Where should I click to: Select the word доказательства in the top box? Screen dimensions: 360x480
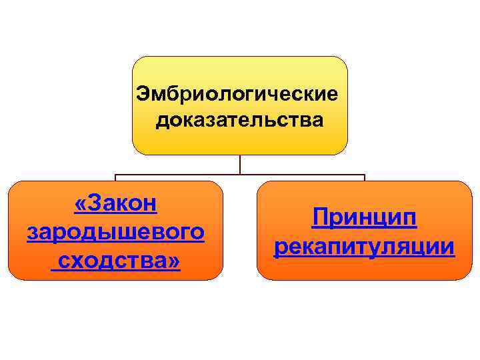pyautogui.click(x=240, y=120)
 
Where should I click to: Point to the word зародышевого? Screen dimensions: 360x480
pyautogui.click(x=116, y=232)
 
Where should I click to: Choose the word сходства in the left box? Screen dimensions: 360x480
pyautogui.click(x=111, y=261)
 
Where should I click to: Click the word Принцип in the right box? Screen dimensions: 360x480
pyautogui.click(x=365, y=217)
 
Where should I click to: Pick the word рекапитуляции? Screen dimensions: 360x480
pyautogui.click(x=365, y=247)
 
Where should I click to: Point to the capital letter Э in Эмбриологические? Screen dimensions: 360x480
pyautogui.click(x=143, y=92)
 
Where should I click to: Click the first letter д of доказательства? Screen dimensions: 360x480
pyautogui.click(x=162, y=121)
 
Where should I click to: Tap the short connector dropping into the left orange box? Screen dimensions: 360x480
pyautogui.click(x=115, y=178)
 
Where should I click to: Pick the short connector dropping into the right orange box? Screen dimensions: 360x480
pyautogui.click(x=365, y=178)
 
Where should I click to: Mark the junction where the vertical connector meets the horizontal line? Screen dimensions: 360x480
pyautogui.click(x=240, y=175)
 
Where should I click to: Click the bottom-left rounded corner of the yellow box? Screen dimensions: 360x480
pyautogui.click(x=136, y=150)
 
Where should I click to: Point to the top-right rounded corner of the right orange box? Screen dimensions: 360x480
pyautogui.click(x=467, y=186)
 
